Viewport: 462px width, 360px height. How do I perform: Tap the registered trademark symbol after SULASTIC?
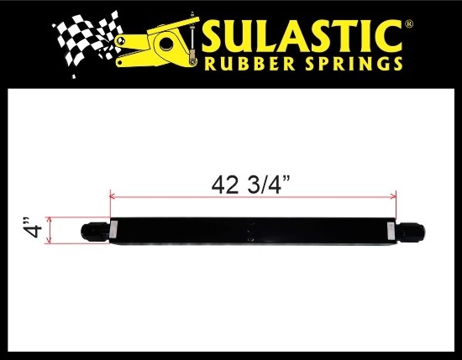409,23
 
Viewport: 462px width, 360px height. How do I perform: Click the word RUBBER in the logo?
249,64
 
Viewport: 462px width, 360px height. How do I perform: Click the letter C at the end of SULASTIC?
389,36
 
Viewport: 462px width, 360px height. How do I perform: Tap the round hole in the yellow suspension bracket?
167,44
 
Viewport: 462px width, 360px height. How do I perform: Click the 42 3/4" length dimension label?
251,185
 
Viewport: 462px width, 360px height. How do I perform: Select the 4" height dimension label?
32,227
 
